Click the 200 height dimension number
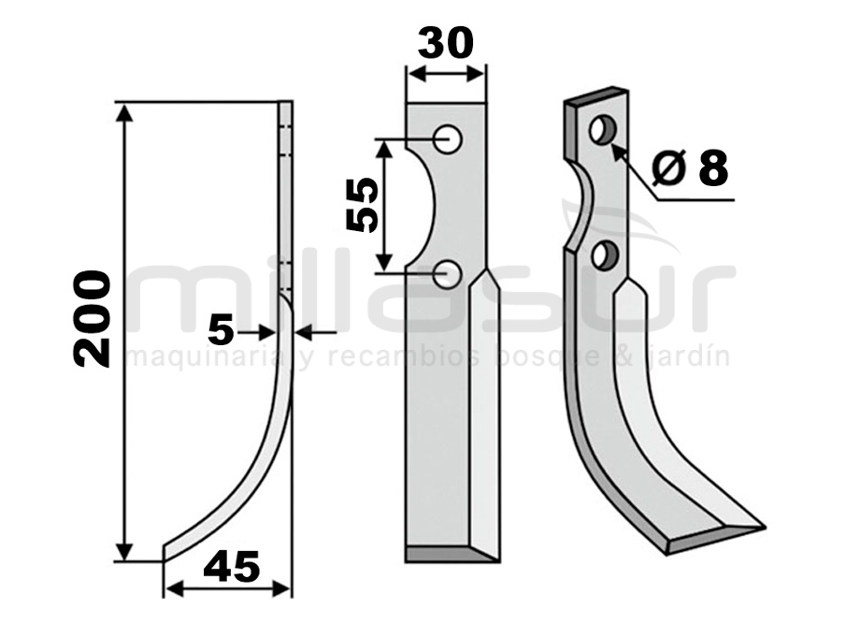pos(93,318)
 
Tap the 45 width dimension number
pos(231,567)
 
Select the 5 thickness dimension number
pos(221,331)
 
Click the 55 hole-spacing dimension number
pos(363,205)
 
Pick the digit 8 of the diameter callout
pos(713,167)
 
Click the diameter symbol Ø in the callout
pos(669,167)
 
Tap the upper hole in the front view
pos(447,138)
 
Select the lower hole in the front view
pos(447,273)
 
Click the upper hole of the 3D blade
pos(603,130)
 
